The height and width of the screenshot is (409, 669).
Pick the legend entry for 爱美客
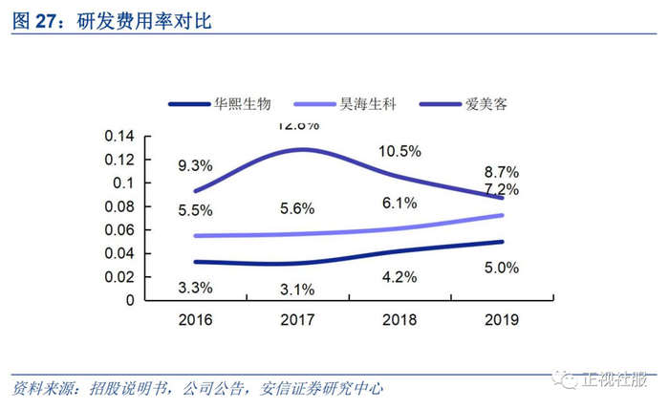pyautogui.click(x=484, y=103)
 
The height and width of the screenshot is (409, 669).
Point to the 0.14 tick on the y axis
pyautogui.click(x=120, y=137)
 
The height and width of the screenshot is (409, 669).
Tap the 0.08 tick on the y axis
pyautogui.click(x=120, y=206)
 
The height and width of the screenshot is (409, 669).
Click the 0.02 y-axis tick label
pyautogui.click(x=120, y=277)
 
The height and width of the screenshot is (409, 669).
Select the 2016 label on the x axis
pyautogui.click(x=196, y=320)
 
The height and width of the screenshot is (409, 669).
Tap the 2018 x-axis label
pyautogui.click(x=399, y=320)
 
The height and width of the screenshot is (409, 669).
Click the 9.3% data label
pyautogui.click(x=195, y=166)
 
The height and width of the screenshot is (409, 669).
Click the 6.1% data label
pyautogui.click(x=399, y=203)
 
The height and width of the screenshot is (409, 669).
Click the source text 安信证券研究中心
pyautogui.click(x=325, y=389)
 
